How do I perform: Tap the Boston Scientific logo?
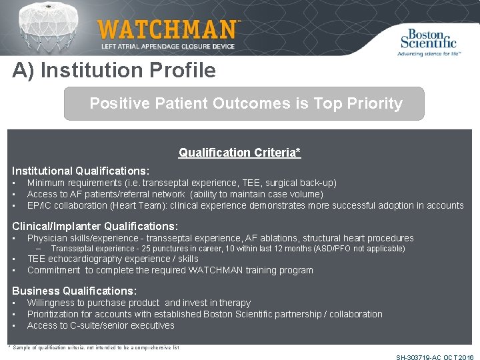coord(429,41)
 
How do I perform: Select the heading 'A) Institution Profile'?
coord(114,71)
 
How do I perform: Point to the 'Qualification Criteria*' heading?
coord(239,153)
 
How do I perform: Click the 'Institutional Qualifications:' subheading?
coord(81,171)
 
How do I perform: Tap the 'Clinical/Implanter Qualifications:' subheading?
coord(95,226)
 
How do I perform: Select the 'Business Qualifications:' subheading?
coord(75,291)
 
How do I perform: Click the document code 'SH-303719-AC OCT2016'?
coord(435,357)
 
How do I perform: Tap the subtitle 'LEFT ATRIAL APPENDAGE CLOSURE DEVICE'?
coord(167,46)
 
